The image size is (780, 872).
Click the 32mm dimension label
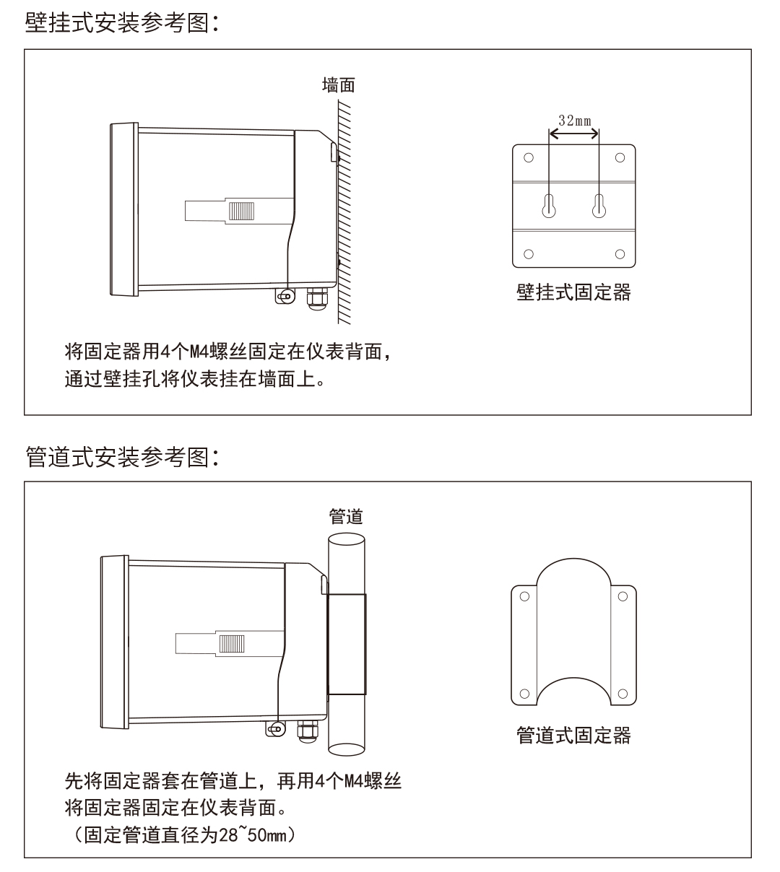click(574, 120)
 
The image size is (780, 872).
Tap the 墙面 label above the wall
click(337, 85)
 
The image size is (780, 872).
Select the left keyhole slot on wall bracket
click(549, 206)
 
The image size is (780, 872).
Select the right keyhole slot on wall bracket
click(598, 206)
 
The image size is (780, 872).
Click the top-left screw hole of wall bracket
click(529, 158)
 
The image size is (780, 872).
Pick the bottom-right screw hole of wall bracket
click(620, 253)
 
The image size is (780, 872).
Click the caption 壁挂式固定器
click(573, 292)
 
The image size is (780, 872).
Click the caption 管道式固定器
click(573, 735)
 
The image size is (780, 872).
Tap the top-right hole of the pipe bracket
click(623, 597)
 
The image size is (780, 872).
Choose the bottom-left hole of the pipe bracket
click(525, 694)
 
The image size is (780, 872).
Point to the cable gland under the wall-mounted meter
click(316, 299)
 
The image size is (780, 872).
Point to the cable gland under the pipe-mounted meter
click(306, 731)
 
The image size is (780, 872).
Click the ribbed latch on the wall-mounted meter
click(241, 210)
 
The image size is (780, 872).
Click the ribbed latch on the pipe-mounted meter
click(232, 643)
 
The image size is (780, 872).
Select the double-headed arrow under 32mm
click(574, 134)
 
